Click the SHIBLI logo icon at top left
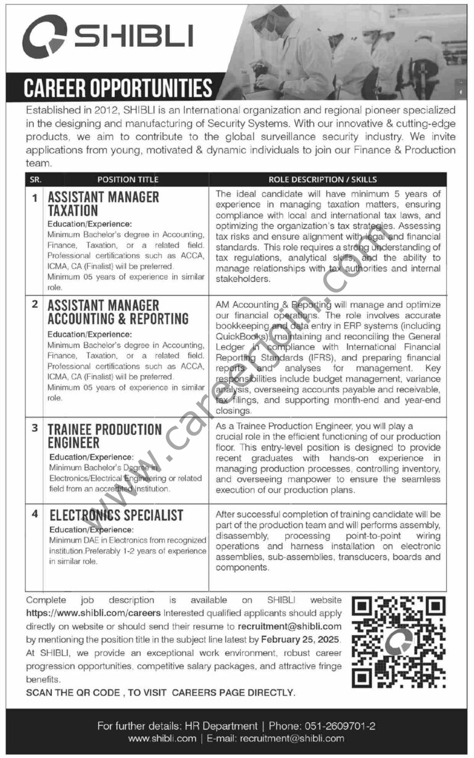click(x=44, y=37)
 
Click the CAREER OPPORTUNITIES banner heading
click(x=117, y=89)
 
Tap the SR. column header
click(x=34, y=179)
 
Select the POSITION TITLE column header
click(x=128, y=179)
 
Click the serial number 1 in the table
click(x=35, y=198)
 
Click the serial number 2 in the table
click(x=35, y=304)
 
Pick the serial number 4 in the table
click(x=35, y=513)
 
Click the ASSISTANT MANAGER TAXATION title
click(x=103, y=204)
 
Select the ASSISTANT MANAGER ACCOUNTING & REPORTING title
click(x=118, y=312)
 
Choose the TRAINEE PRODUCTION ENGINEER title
click(x=104, y=436)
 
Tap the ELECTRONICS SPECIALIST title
click(x=115, y=515)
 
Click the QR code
click(x=398, y=642)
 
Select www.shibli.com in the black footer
click(x=162, y=738)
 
